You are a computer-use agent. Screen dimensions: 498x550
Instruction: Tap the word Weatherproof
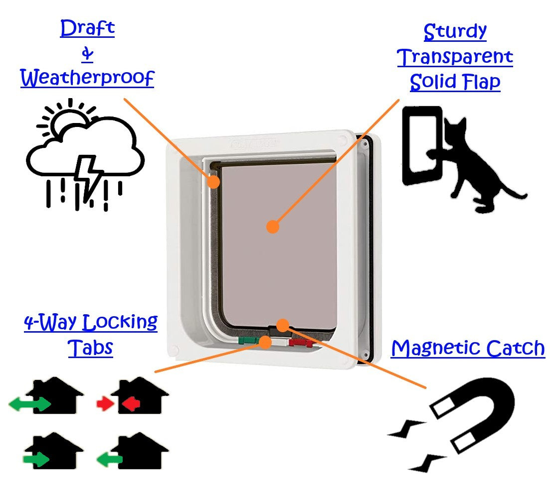[x=87, y=78]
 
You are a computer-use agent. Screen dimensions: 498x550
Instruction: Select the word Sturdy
[x=455, y=32]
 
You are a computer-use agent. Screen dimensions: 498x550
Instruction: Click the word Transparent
[x=455, y=57]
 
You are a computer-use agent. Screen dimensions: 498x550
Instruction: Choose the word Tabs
[x=90, y=348]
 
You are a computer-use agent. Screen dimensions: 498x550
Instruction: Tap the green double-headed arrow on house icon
[x=30, y=404]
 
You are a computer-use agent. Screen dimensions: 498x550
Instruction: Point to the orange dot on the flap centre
[x=272, y=227]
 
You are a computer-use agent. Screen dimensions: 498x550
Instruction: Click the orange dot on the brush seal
[x=213, y=182]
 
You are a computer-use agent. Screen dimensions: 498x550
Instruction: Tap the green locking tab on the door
[x=247, y=341]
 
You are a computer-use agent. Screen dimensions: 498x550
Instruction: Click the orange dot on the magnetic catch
[x=283, y=326]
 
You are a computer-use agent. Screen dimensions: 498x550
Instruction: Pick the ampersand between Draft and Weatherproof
[x=87, y=54]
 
